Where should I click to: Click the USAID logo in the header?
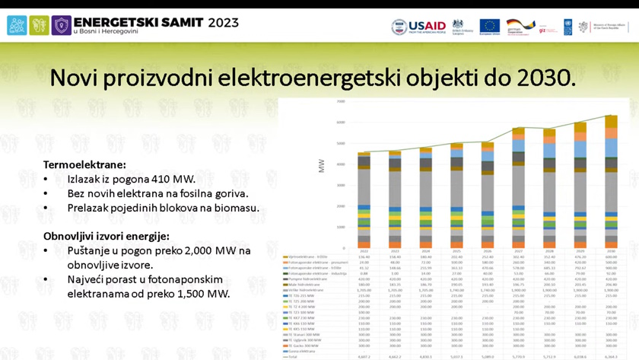(408, 27)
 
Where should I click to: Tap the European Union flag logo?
(489, 27)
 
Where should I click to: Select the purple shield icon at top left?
(62, 26)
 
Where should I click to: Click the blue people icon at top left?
(17, 26)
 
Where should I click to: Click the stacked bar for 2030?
(611, 183)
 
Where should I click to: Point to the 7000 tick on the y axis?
(341, 101)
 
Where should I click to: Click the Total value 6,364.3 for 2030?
(611, 355)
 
